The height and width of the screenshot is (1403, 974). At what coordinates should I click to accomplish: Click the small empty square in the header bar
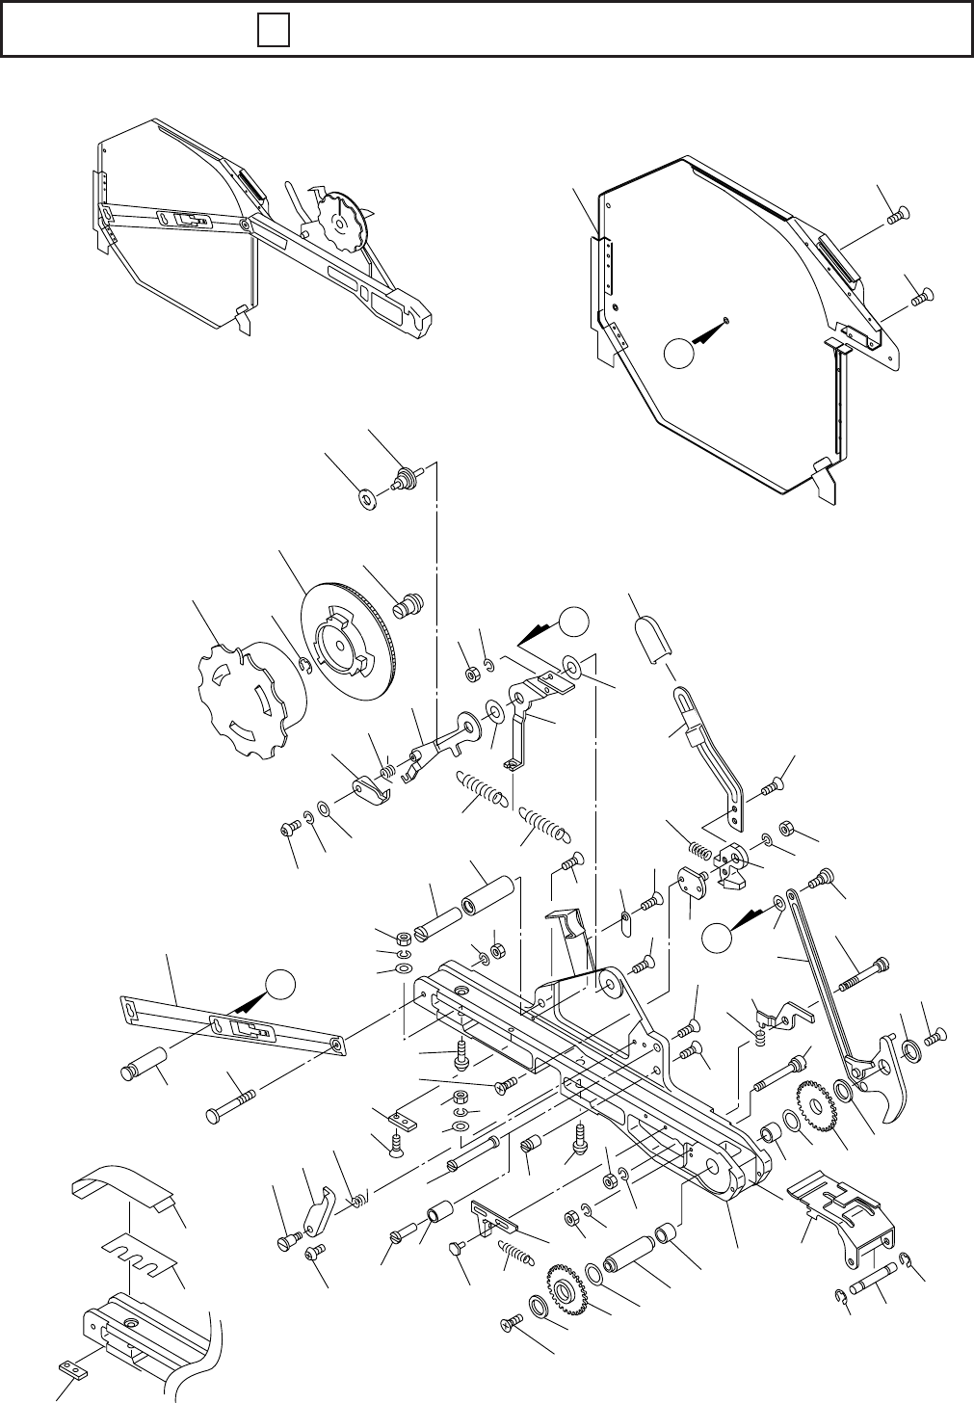click(274, 32)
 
